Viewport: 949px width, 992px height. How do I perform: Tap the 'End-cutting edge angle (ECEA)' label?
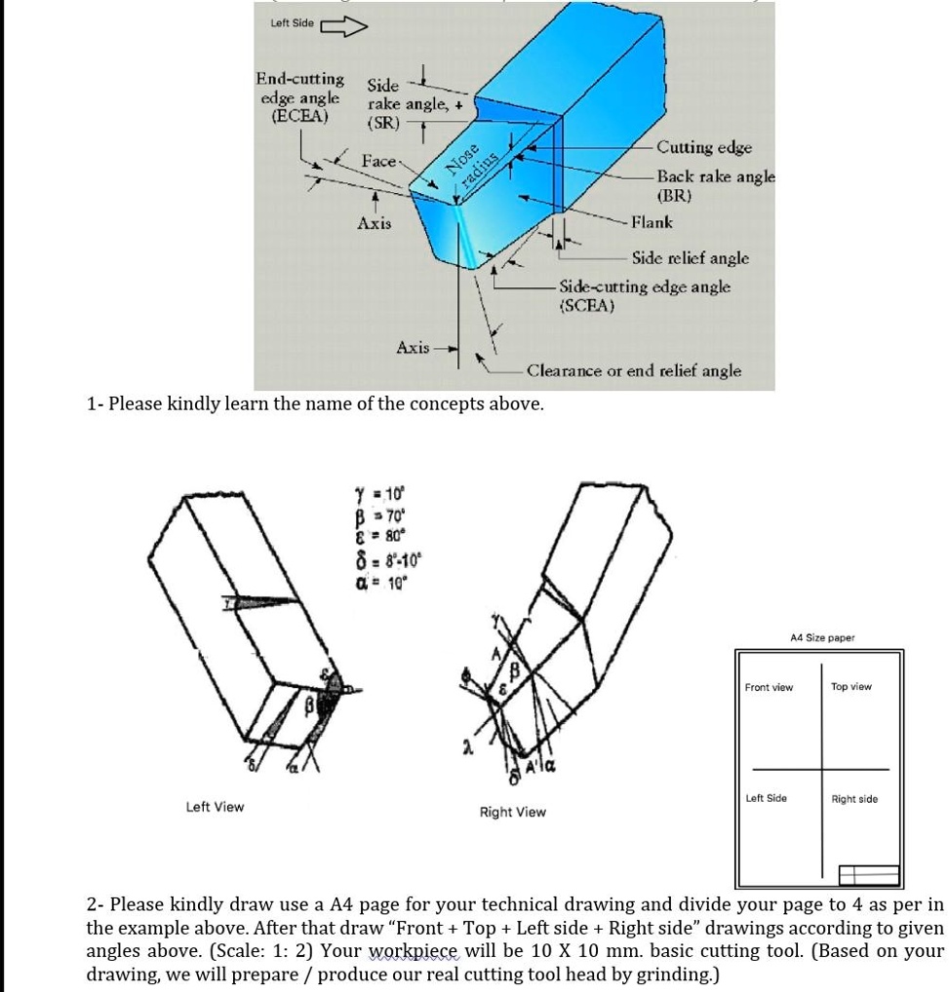click(299, 97)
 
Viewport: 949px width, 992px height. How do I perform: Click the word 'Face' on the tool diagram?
click(378, 161)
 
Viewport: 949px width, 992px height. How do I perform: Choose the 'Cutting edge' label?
click(704, 147)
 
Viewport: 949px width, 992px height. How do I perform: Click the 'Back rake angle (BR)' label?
click(716, 185)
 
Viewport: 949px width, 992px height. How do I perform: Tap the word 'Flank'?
click(652, 222)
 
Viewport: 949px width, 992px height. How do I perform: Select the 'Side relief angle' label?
click(691, 258)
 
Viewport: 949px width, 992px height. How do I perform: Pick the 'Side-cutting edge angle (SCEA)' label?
click(645, 295)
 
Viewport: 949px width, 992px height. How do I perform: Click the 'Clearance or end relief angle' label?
click(634, 371)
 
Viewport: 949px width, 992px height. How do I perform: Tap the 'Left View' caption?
click(215, 807)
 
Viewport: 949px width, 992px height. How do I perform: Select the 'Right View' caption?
click(513, 812)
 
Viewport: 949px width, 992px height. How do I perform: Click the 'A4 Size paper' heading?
click(822, 638)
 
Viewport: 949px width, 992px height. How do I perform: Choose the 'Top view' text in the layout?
click(851, 687)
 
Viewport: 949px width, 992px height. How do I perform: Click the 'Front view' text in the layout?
click(769, 688)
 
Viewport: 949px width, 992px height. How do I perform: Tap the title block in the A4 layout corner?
click(868, 874)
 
